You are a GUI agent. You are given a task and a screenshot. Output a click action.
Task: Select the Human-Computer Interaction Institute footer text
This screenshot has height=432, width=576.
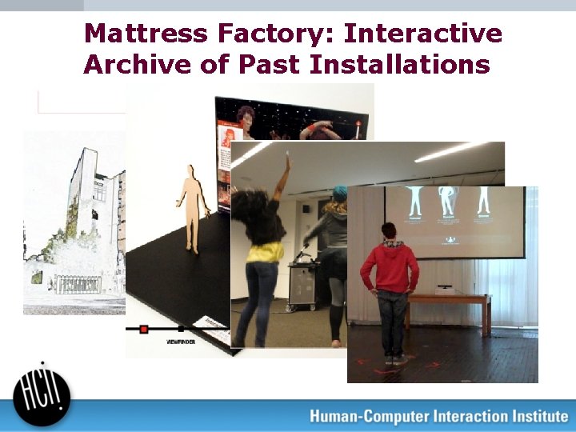coord(438,416)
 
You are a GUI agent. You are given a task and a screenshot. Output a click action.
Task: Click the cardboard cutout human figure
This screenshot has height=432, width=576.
coord(192,208)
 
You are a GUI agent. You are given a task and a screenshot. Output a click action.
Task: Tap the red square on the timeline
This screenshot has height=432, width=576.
coord(144,328)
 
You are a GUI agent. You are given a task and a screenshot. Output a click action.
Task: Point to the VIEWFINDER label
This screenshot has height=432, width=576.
coord(182,342)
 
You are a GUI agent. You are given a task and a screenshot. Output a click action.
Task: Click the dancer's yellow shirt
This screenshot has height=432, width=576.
coord(264,252)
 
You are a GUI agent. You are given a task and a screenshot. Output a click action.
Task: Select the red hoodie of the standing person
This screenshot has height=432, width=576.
coord(390,268)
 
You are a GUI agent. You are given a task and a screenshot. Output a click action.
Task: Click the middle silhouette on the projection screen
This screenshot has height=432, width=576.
coord(445,202)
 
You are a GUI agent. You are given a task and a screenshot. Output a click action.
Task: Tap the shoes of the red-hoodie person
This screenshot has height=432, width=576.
coord(394,360)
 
